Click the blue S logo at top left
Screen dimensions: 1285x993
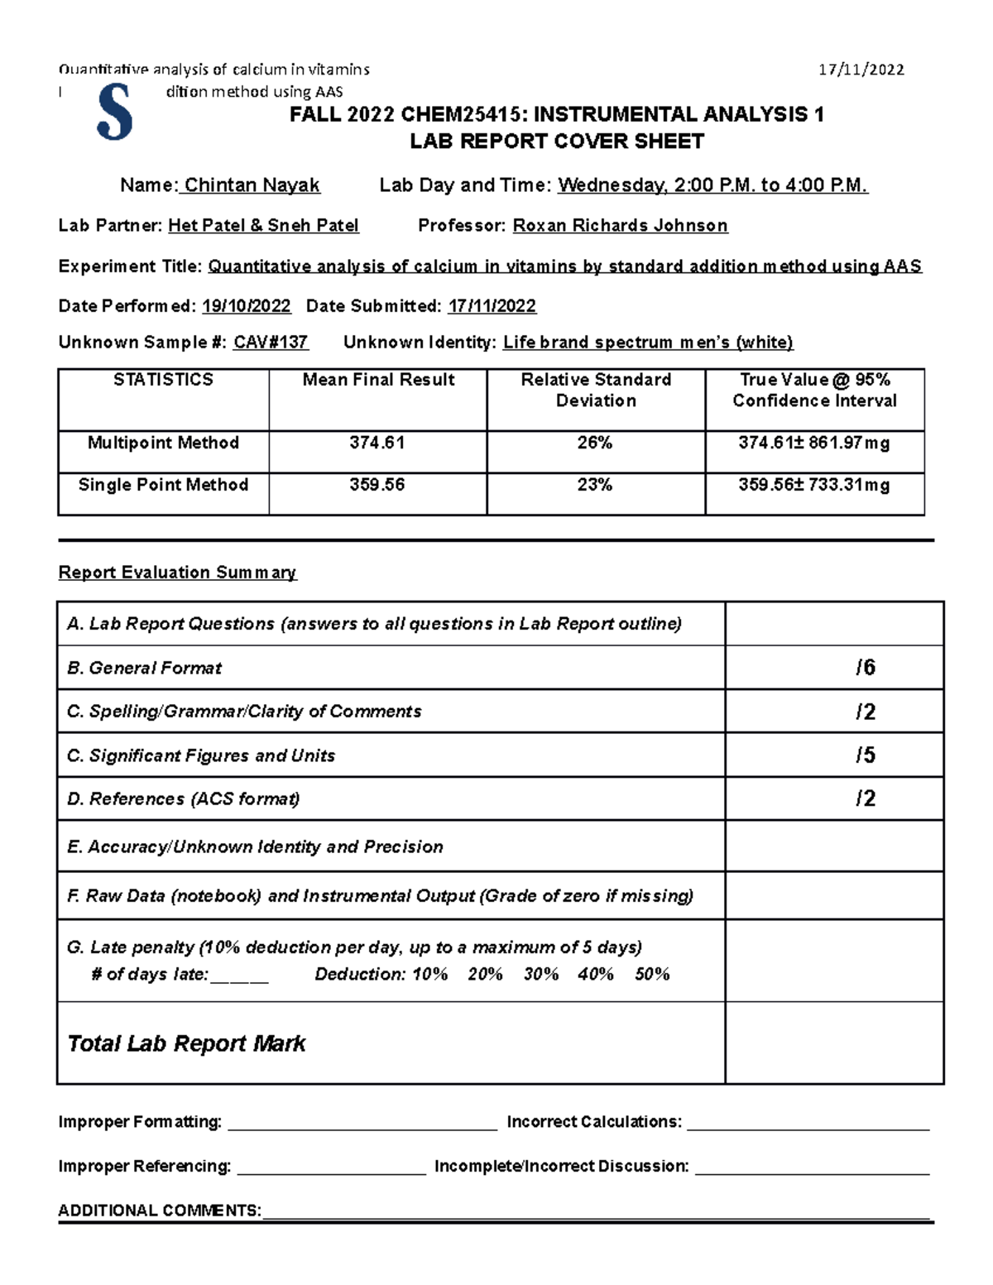114,112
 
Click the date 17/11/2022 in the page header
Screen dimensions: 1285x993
861,70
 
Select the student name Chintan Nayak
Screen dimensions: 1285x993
252,185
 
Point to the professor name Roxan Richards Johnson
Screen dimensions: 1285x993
620,226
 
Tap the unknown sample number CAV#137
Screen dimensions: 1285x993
271,343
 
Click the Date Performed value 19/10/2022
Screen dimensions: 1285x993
247,306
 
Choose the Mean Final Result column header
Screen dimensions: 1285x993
378,381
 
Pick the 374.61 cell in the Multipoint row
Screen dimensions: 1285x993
377,444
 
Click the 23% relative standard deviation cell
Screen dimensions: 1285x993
595,486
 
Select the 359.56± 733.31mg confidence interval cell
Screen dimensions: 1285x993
814,486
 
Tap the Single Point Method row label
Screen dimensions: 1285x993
163,486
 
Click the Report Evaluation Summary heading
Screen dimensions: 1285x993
177,573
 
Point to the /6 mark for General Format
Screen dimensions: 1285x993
865,668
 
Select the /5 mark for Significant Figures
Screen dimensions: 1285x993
865,755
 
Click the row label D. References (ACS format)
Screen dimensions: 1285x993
183,799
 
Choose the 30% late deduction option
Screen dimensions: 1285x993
540,975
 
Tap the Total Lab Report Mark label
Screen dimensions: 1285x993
186,1044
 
